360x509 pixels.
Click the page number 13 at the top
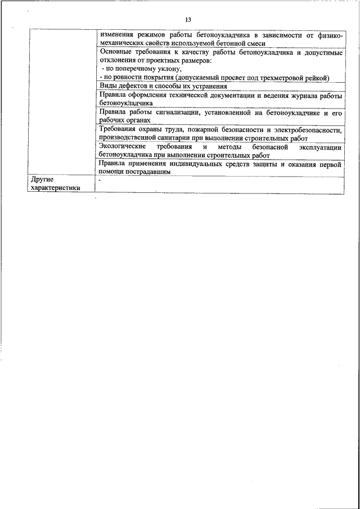(x=188, y=20)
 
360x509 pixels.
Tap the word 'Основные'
(x=115, y=52)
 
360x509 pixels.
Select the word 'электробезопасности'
(x=303, y=129)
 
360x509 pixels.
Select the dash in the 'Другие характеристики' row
(x=99, y=180)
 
